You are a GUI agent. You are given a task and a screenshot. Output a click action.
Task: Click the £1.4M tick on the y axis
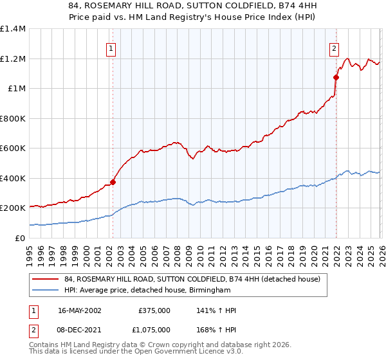click(x=13, y=29)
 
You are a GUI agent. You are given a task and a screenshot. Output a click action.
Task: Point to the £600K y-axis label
click(x=13, y=148)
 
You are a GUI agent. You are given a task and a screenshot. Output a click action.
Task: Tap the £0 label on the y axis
click(x=19, y=238)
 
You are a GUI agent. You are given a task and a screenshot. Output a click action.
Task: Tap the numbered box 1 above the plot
click(x=111, y=48)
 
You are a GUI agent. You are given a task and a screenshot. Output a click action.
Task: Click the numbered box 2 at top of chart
click(x=335, y=48)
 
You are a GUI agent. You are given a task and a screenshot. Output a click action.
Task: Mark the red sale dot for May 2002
click(x=113, y=182)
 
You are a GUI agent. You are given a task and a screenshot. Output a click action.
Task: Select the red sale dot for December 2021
click(x=336, y=77)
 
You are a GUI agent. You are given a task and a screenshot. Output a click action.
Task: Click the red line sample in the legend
click(x=46, y=280)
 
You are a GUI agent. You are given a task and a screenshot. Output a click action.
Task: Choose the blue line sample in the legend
click(x=46, y=291)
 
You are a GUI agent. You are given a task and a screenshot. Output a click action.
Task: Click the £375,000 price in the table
click(x=154, y=310)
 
